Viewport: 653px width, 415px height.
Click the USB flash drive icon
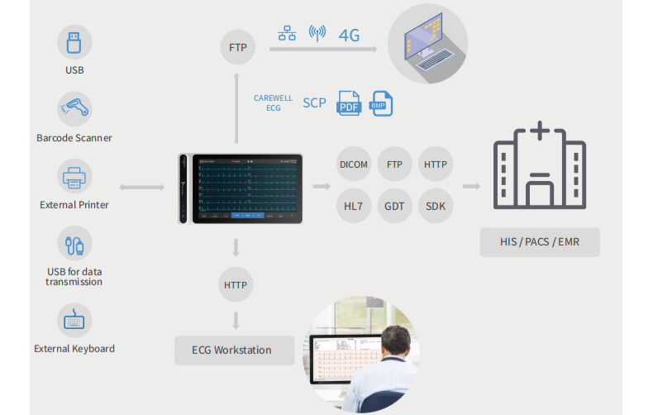click(x=74, y=41)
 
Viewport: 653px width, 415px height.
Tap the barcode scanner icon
click(x=74, y=108)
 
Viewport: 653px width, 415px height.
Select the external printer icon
click(x=74, y=176)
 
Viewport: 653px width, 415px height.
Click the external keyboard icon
click(x=74, y=320)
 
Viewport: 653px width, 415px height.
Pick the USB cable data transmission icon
click(x=74, y=243)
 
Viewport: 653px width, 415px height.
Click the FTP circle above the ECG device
click(x=237, y=48)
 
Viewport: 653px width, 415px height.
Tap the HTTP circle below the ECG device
click(x=236, y=285)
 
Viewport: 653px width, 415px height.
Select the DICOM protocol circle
click(x=354, y=165)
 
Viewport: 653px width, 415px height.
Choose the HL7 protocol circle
click(x=354, y=206)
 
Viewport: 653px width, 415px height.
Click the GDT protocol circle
click(x=394, y=206)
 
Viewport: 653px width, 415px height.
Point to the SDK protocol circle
click(x=436, y=206)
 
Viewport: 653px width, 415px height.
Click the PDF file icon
click(x=348, y=104)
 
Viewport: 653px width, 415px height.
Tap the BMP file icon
click(x=381, y=103)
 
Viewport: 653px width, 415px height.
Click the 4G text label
click(x=349, y=35)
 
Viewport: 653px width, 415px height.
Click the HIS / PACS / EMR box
click(x=539, y=242)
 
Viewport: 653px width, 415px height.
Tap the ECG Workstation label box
click(x=234, y=350)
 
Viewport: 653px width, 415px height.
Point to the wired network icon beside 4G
click(x=287, y=34)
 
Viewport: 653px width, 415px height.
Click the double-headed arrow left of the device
click(x=142, y=188)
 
